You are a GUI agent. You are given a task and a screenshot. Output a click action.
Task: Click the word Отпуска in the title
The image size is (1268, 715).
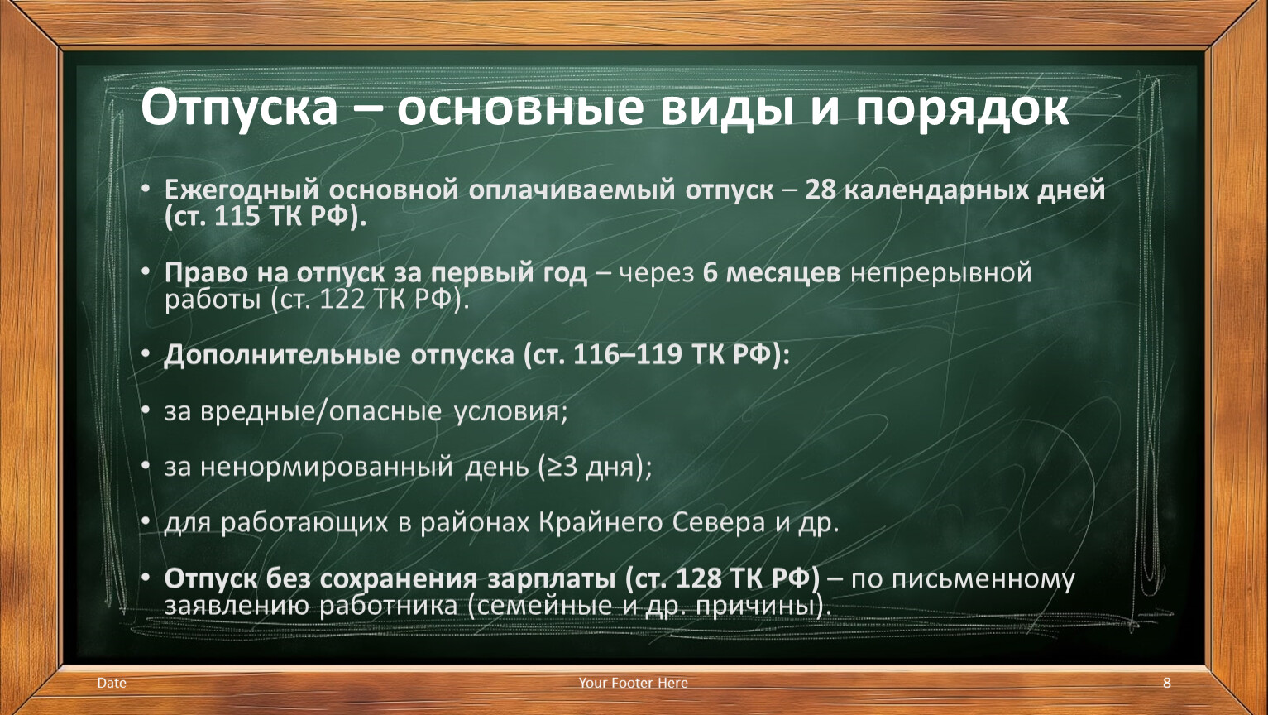pyautogui.click(x=239, y=108)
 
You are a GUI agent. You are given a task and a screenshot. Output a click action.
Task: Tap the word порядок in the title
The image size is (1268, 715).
pyautogui.click(x=962, y=108)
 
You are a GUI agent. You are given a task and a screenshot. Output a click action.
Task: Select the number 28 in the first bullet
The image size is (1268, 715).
pyautogui.click(x=821, y=190)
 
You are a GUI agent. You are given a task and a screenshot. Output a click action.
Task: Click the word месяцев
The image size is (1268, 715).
pyautogui.click(x=782, y=274)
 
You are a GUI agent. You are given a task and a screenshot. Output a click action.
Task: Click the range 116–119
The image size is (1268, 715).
pyautogui.click(x=627, y=355)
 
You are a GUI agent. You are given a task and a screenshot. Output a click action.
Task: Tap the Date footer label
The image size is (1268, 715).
pyautogui.click(x=112, y=683)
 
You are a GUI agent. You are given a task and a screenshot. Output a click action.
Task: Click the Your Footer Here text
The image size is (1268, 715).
pyautogui.click(x=633, y=683)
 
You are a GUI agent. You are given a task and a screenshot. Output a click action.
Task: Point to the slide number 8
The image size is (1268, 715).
pyautogui.click(x=1166, y=683)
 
